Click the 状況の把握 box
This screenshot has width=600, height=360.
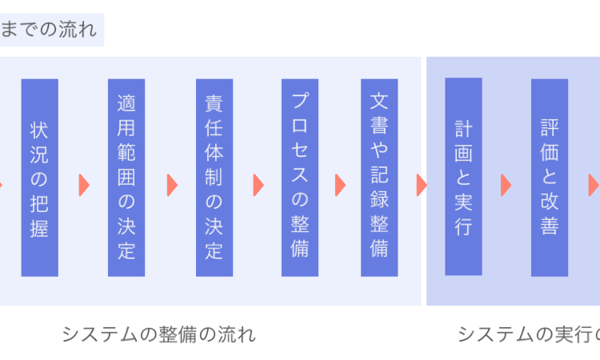click(39, 178)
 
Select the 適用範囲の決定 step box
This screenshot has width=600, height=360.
click(126, 178)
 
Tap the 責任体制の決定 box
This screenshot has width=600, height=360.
click(214, 178)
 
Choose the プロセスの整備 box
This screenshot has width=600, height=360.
click(300, 178)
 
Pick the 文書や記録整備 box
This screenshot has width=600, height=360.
click(379, 178)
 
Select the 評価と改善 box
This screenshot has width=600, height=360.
click(550, 178)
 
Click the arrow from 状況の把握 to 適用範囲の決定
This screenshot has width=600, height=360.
click(83, 185)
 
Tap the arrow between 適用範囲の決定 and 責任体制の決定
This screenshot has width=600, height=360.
click(171, 185)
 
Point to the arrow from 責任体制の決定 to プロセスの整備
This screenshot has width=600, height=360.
click(258, 185)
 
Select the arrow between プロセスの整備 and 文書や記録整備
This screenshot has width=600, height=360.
click(340, 185)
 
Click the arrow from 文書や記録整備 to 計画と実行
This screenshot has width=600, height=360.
click(422, 185)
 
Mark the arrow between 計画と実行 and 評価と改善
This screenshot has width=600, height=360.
click(506, 185)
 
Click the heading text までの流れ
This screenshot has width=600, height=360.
click(48, 31)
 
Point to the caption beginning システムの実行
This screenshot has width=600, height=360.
click(528, 334)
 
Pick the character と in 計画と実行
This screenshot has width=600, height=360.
click(463, 176)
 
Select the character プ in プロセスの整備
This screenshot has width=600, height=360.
click(300, 101)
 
